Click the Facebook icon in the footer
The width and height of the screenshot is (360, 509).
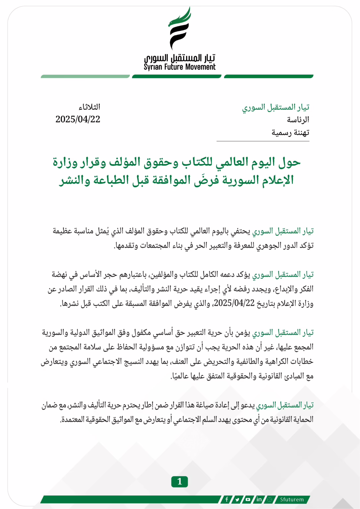coord(227,499)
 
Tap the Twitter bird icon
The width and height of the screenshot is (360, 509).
coord(237,499)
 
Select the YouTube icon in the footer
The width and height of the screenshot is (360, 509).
coord(248,499)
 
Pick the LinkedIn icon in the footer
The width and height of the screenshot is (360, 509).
coord(259,499)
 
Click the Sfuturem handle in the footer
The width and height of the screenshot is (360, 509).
coord(292,499)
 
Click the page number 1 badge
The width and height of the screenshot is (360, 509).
coord(179,481)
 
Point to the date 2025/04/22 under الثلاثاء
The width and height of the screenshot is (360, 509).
coord(78,119)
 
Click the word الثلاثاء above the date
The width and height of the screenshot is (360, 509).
coord(89,107)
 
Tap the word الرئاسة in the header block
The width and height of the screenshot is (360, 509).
coord(298,120)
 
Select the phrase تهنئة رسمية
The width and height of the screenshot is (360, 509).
coord(290,133)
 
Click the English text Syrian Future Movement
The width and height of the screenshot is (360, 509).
coord(179,67)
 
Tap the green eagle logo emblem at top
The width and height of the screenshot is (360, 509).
coord(179,28)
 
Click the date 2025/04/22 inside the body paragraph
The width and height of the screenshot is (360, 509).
coord(234,303)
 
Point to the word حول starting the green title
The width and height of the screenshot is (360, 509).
coord(289,162)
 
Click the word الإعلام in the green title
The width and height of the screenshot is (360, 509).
coord(277,180)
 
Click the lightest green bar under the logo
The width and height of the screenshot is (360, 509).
coord(85,77)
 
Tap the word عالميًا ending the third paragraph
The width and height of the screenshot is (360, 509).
coord(181,376)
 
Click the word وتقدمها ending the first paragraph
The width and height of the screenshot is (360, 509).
coord(125,246)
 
